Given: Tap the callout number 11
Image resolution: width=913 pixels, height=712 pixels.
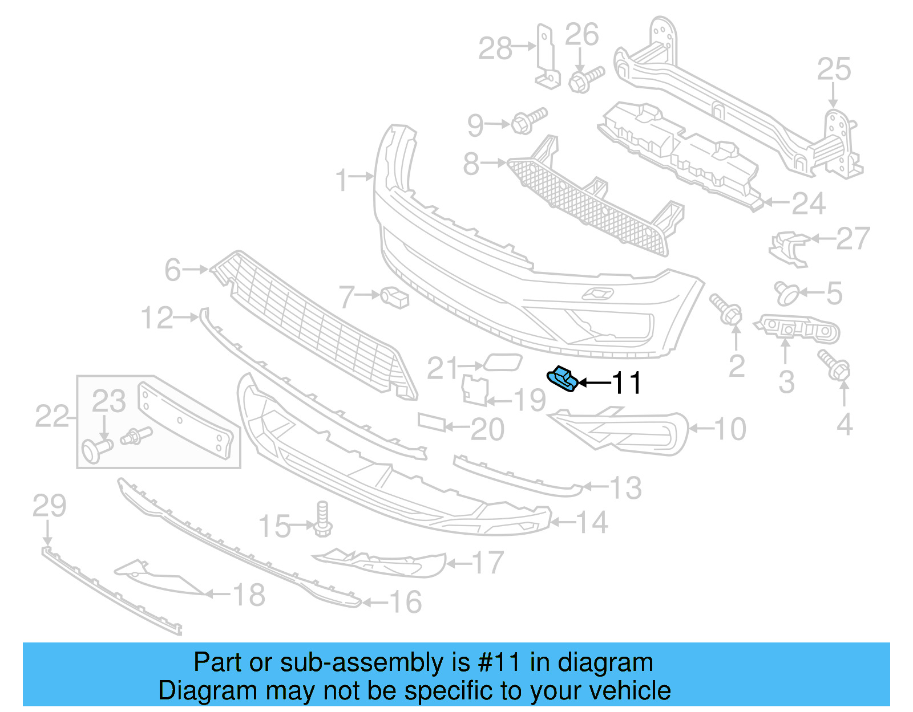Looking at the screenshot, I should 627,383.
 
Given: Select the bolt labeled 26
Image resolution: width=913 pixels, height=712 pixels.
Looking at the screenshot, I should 585,79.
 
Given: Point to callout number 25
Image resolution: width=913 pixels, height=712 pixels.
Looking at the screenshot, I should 834,70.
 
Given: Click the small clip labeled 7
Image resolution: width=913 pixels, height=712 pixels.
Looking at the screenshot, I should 394,297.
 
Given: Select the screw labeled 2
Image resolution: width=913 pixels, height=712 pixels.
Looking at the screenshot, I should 726,308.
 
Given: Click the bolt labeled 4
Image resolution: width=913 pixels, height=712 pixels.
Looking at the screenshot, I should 834,365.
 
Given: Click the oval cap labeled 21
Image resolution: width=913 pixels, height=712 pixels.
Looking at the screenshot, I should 502,362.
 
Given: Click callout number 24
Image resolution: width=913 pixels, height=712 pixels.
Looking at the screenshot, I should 809,204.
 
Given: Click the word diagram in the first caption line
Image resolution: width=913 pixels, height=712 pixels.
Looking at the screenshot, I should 605,662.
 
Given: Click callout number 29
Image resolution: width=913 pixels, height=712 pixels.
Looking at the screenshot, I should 49,506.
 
